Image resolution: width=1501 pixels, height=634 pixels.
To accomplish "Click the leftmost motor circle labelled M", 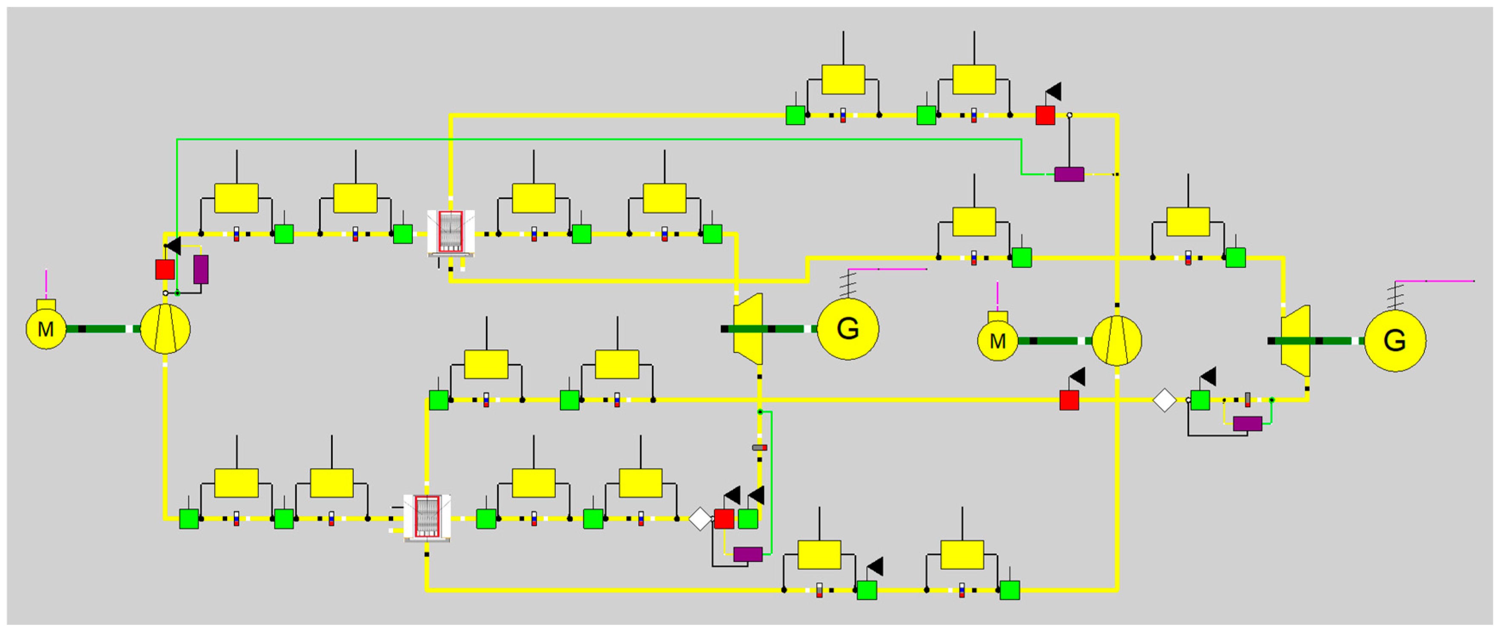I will (46, 329).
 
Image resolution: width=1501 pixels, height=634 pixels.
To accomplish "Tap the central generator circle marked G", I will (848, 329).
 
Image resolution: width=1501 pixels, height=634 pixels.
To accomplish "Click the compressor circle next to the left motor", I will (166, 329).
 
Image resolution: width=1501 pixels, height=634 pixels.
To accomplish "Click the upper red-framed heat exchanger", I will (451, 232).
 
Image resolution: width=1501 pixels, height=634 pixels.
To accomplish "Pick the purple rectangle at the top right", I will (1069, 174).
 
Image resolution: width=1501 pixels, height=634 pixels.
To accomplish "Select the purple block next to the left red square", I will (201, 269).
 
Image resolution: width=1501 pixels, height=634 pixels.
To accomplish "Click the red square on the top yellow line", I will (1045, 115).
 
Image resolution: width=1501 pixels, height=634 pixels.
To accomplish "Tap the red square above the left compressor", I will (165, 269).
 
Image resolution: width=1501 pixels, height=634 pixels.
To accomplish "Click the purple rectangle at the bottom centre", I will (748, 554).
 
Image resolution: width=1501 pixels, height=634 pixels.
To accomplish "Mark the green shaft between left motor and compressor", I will (105, 329).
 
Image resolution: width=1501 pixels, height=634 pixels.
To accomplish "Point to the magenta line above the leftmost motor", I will (46, 284).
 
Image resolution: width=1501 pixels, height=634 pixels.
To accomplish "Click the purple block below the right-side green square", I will (1247, 424).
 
